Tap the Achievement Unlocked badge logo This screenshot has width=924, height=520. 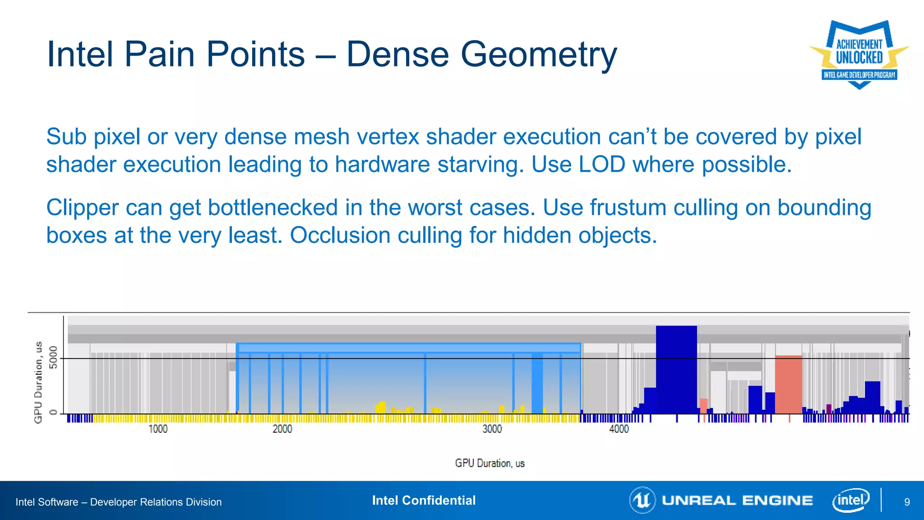tap(859, 54)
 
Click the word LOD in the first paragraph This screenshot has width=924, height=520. tap(602, 164)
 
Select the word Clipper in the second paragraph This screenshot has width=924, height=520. tap(82, 208)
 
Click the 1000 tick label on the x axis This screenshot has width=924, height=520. tap(158, 429)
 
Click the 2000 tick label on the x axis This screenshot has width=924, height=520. tap(282, 429)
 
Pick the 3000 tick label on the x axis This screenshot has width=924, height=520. tap(492, 429)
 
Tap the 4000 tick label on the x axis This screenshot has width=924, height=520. tap(619, 429)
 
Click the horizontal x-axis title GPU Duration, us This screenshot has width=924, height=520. tap(490, 463)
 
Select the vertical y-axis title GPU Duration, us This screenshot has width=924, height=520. tap(38, 382)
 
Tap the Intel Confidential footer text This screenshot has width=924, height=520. tap(424, 500)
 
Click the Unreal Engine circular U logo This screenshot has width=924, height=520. tap(642, 500)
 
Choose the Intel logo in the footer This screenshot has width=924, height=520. tap(850, 500)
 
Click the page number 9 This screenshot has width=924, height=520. tap(907, 502)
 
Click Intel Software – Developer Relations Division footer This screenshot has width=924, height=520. tap(119, 502)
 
